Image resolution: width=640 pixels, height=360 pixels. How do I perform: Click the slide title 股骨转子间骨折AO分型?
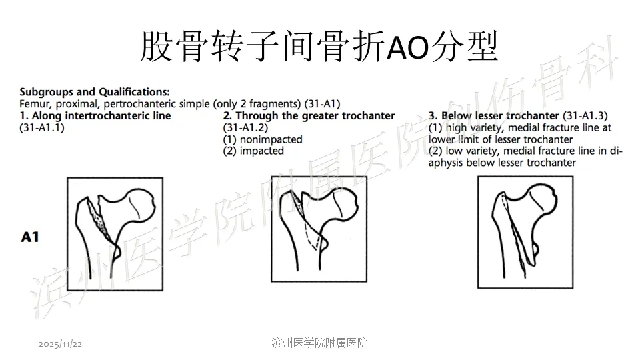coord(319,47)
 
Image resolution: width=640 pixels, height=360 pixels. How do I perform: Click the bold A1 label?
coord(30,237)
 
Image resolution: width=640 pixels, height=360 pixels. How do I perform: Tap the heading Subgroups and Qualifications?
coord(94,92)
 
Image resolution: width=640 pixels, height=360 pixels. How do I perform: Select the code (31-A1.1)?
coord(42,127)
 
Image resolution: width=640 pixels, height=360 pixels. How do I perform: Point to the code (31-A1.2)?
coord(245,127)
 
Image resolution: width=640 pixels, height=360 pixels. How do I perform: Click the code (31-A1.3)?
coord(585,115)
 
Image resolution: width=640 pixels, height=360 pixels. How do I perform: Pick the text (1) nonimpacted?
coord(263,139)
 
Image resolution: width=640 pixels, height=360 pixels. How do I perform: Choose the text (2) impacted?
coord(253,151)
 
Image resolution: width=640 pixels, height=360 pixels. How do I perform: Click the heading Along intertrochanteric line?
coord(101,115)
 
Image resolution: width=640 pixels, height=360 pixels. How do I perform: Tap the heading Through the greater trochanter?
coord(315,115)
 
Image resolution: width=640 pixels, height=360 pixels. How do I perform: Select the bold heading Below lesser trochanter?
coord(500,115)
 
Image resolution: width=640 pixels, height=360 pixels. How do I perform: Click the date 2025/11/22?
coord(61,344)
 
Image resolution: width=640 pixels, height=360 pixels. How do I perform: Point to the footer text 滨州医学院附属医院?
coord(319,343)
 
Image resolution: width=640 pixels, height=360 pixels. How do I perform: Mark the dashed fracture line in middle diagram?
coord(312,236)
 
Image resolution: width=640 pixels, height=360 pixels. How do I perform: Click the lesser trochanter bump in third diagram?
coord(534,249)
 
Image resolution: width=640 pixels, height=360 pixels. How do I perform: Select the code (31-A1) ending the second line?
coord(323,104)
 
